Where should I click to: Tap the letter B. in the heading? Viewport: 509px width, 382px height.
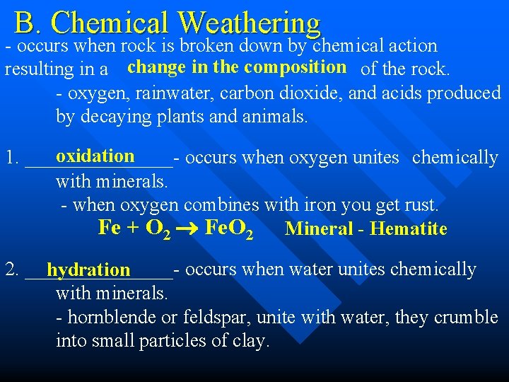[x=27, y=23]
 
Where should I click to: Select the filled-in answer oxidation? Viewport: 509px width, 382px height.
[x=95, y=156]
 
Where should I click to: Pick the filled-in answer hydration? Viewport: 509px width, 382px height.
[x=89, y=270]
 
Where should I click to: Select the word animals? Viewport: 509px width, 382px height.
[x=276, y=117]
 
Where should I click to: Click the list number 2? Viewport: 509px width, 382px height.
[x=11, y=270]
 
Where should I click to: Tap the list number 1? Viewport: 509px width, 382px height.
[x=11, y=157]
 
